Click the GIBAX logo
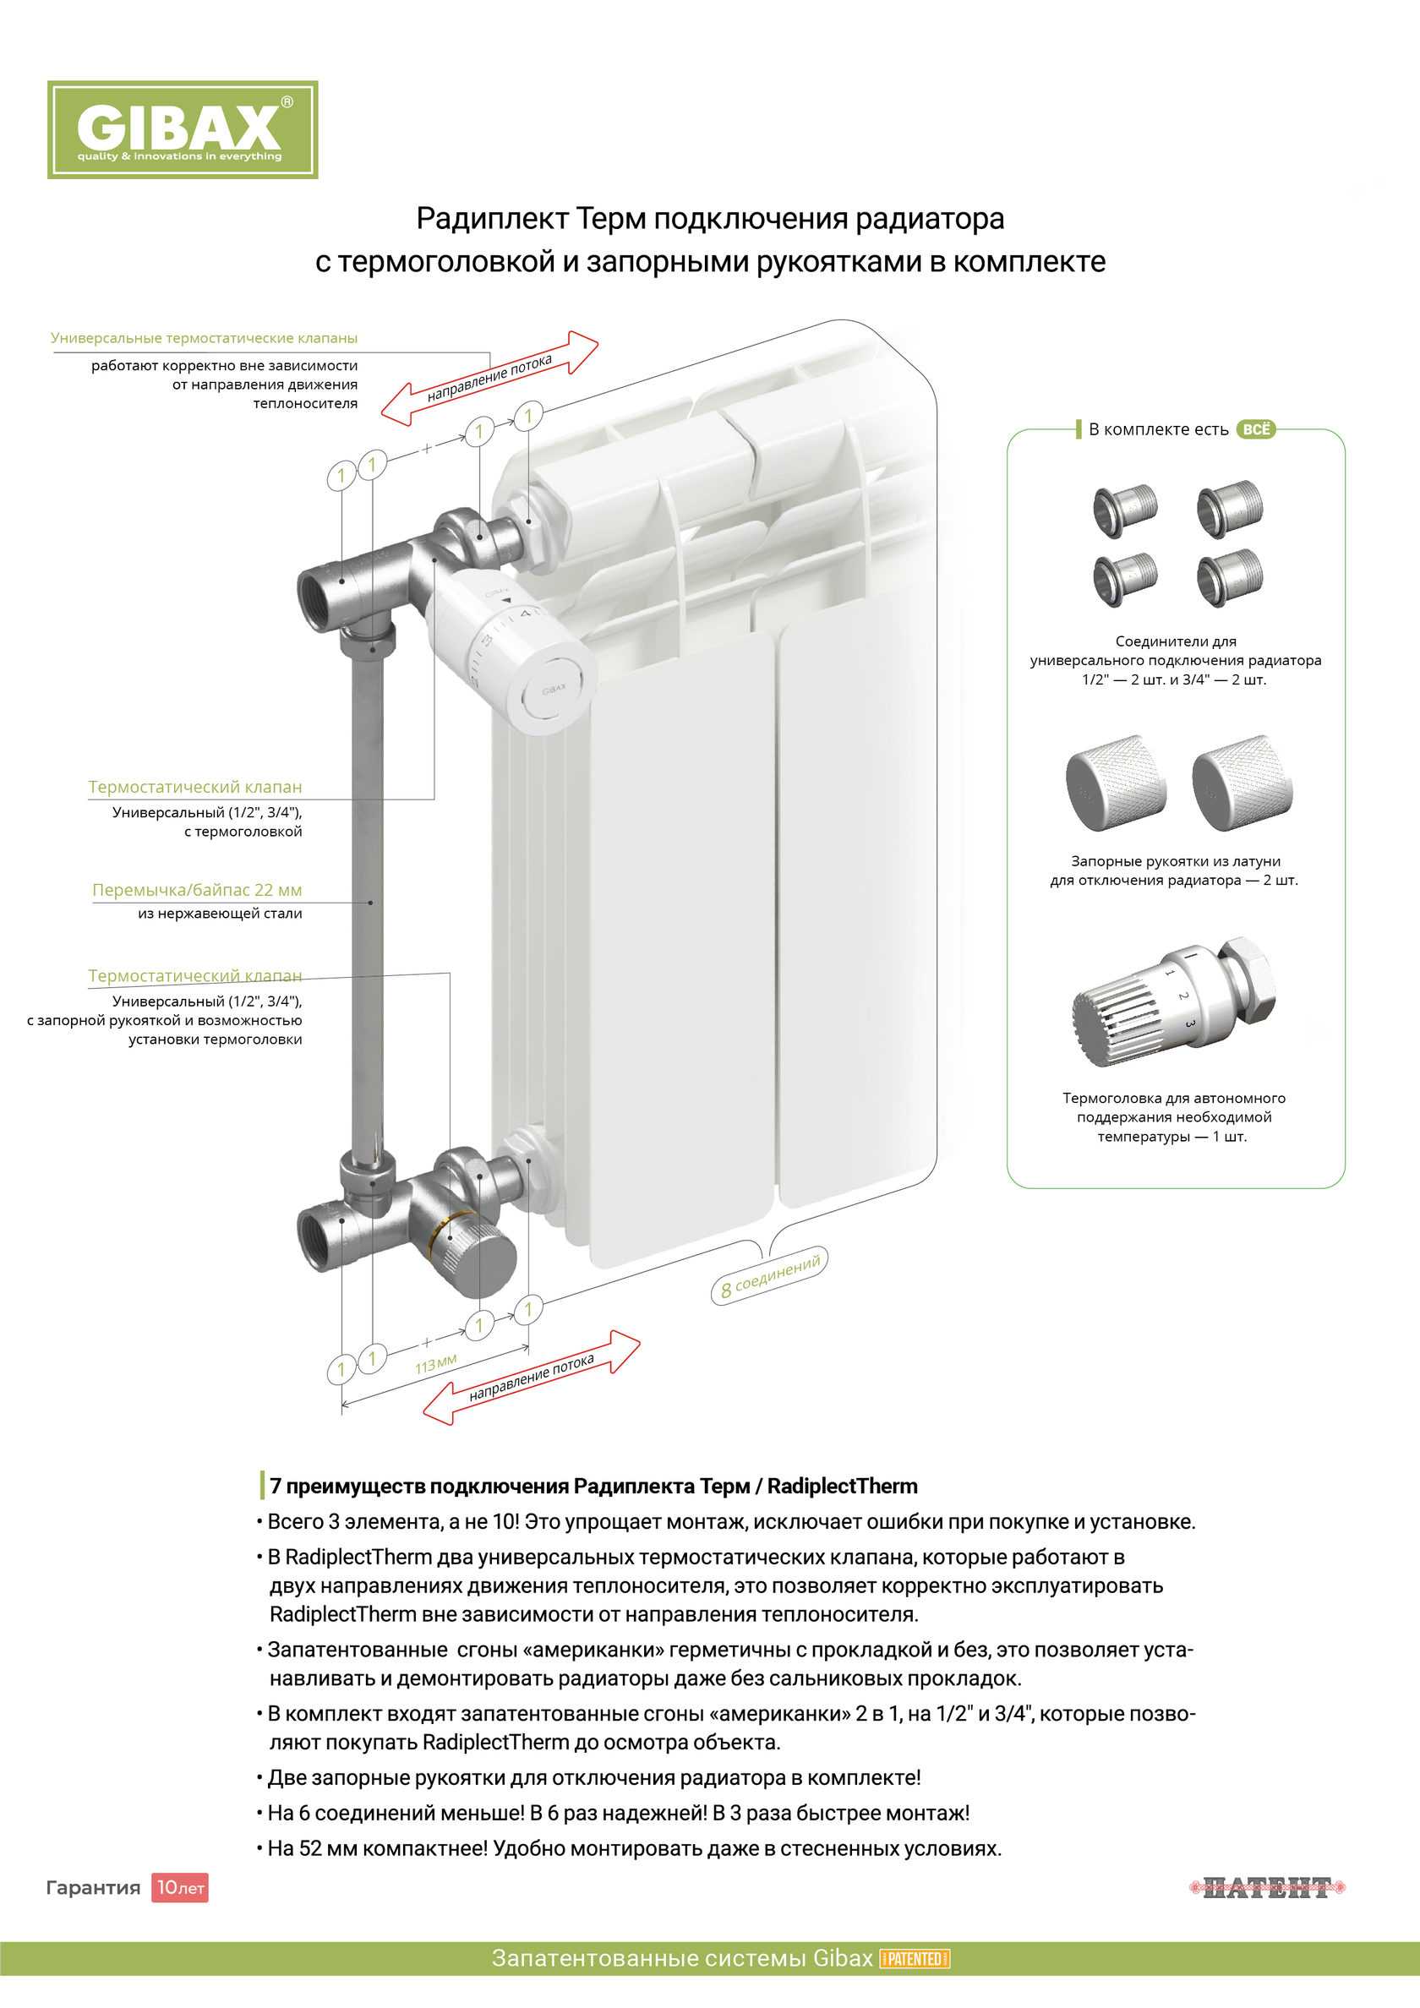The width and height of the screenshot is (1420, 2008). pyautogui.click(x=182, y=129)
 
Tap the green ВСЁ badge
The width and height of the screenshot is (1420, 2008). pyautogui.click(x=1255, y=429)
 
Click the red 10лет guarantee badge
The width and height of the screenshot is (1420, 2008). pyautogui.click(x=179, y=1887)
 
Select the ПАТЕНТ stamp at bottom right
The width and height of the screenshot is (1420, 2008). pyautogui.click(x=1267, y=1887)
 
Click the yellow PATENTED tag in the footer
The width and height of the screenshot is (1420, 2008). pyautogui.click(x=915, y=1958)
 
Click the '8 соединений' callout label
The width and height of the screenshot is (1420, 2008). pyautogui.click(x=770, y=1276)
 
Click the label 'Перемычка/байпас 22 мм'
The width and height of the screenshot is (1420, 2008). pyautogui.click(x=197, y=890)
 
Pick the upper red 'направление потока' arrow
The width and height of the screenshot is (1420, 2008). pyautogui.click(x=490, y=378)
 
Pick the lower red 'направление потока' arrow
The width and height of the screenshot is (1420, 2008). pyautogui.click(x=531, y=1377)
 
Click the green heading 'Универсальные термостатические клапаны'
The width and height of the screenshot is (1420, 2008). pyautogui.click(x=204, y=338)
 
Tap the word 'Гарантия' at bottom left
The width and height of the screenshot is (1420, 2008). pyautogui.click(x=93, y=1887)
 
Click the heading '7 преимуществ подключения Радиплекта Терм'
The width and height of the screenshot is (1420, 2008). pyautogui.click(x=593, y=1486)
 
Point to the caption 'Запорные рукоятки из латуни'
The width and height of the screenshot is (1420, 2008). pyautogui.click(x=1175, y=861)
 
